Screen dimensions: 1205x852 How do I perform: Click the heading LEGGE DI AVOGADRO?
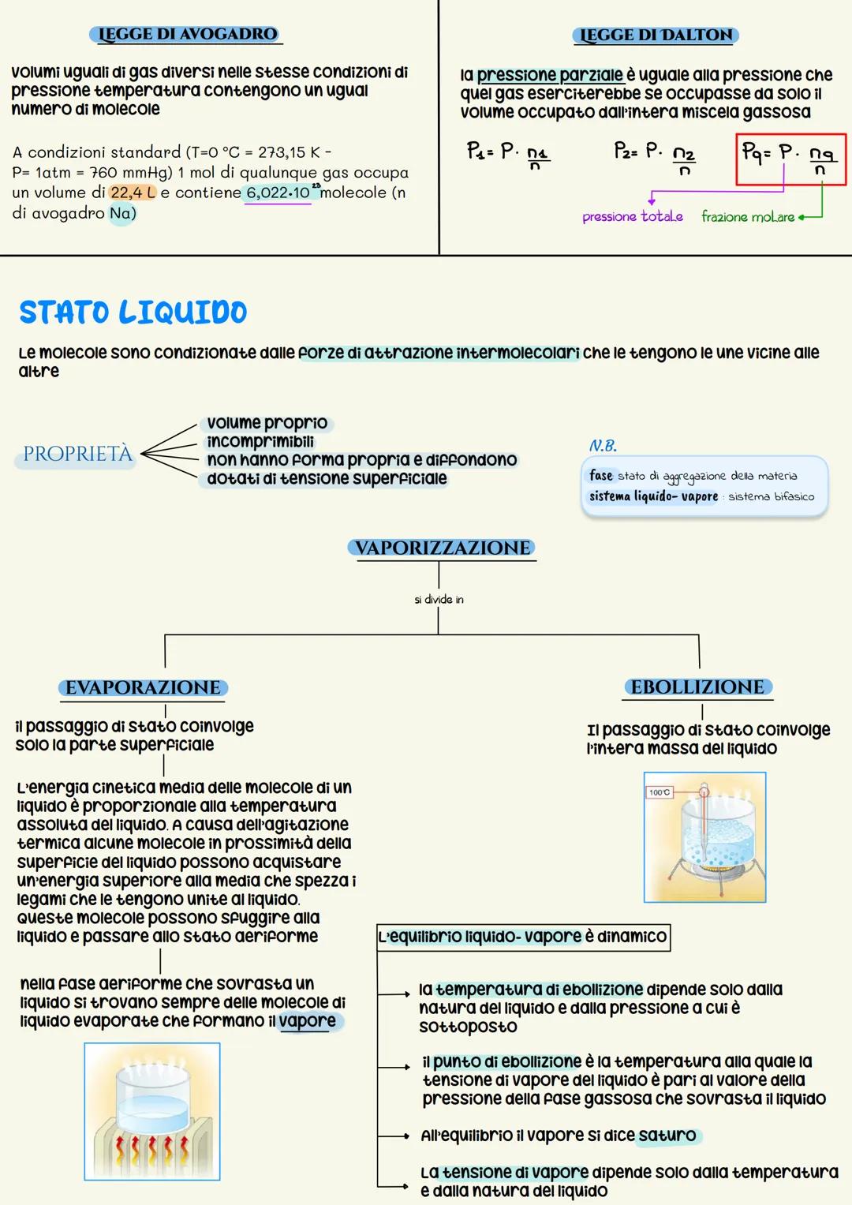[186, 34]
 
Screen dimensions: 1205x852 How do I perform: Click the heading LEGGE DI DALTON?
[655, 35]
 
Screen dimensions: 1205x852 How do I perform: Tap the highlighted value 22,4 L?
[133, 193]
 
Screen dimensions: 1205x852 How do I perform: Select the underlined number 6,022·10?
[278, 193]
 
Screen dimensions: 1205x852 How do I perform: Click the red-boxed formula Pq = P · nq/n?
[790, 159]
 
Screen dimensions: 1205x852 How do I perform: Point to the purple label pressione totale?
[632, 216]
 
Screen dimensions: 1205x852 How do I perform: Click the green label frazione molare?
[748, 217]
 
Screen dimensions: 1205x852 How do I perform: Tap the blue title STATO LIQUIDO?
[133, 312]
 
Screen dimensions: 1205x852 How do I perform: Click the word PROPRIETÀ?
[77, 455]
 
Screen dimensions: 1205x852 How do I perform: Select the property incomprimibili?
[260, 442]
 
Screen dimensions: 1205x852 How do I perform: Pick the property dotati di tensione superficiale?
[327, 479]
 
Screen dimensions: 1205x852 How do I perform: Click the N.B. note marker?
[603, 446]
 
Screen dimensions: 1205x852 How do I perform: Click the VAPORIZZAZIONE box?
[442, 548]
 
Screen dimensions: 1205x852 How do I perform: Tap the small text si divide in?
[439, 600]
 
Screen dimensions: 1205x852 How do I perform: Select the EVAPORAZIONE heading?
[143, 688]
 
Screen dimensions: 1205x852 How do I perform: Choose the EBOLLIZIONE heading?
[697, 687]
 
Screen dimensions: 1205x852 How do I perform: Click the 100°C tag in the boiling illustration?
[659, 792]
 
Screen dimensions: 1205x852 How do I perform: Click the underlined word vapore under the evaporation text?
[307, 1021]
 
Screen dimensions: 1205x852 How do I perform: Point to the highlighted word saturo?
[667, 1136]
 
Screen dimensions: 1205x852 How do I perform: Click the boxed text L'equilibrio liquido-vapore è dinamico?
[523, 937]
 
